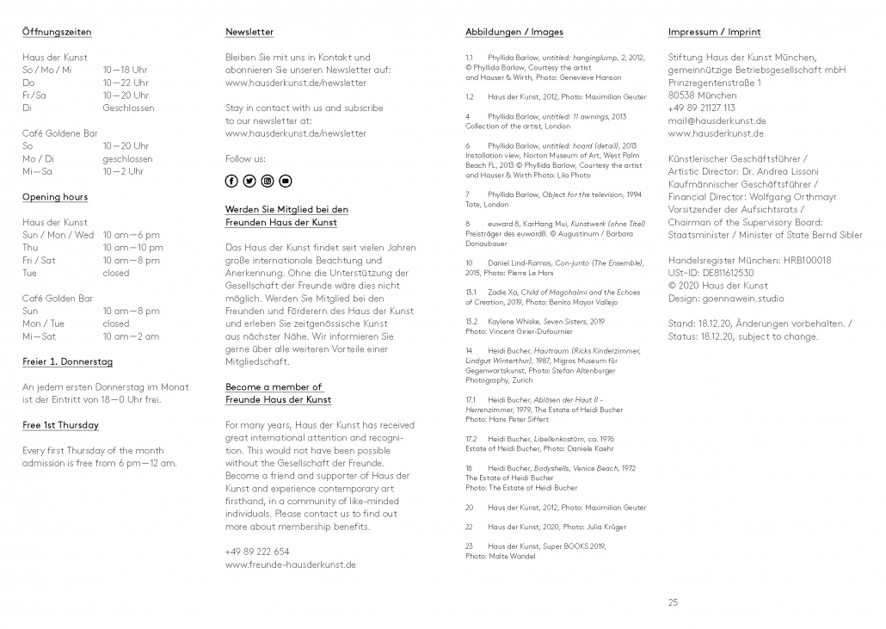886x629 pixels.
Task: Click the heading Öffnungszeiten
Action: click(x=57, y=32)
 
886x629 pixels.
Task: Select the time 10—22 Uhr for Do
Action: click(x=125, y=83)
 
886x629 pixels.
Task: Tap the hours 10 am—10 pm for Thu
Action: click(x=132, y=248)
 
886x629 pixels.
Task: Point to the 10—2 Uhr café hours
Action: click(x=122, y=172)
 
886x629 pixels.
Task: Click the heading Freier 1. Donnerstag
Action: click(x=67, y=361)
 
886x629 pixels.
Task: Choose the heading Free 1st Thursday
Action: click(x=60, y=425)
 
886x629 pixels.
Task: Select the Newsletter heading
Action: click(x=249, y=32)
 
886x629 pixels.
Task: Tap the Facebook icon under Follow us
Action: click(x=231, y=181)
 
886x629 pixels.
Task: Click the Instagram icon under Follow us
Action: click(x=268, y=181)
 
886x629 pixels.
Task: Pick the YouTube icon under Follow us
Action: click(x=286, y=181)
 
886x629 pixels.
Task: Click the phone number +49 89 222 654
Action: click(x=257, y=552)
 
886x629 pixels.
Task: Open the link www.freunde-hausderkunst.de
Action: click(x=291, y=564)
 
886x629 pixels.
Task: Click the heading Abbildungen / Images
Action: click(x=514, y=32)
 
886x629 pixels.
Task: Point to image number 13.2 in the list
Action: click(x=471, y=321)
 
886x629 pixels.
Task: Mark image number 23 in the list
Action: click(x=470, y=546)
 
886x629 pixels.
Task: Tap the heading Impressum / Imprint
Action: click(x=715, y=32)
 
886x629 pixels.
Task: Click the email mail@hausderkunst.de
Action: click(x=717, y=121)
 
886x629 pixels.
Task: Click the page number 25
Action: click(x=673, y=602)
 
